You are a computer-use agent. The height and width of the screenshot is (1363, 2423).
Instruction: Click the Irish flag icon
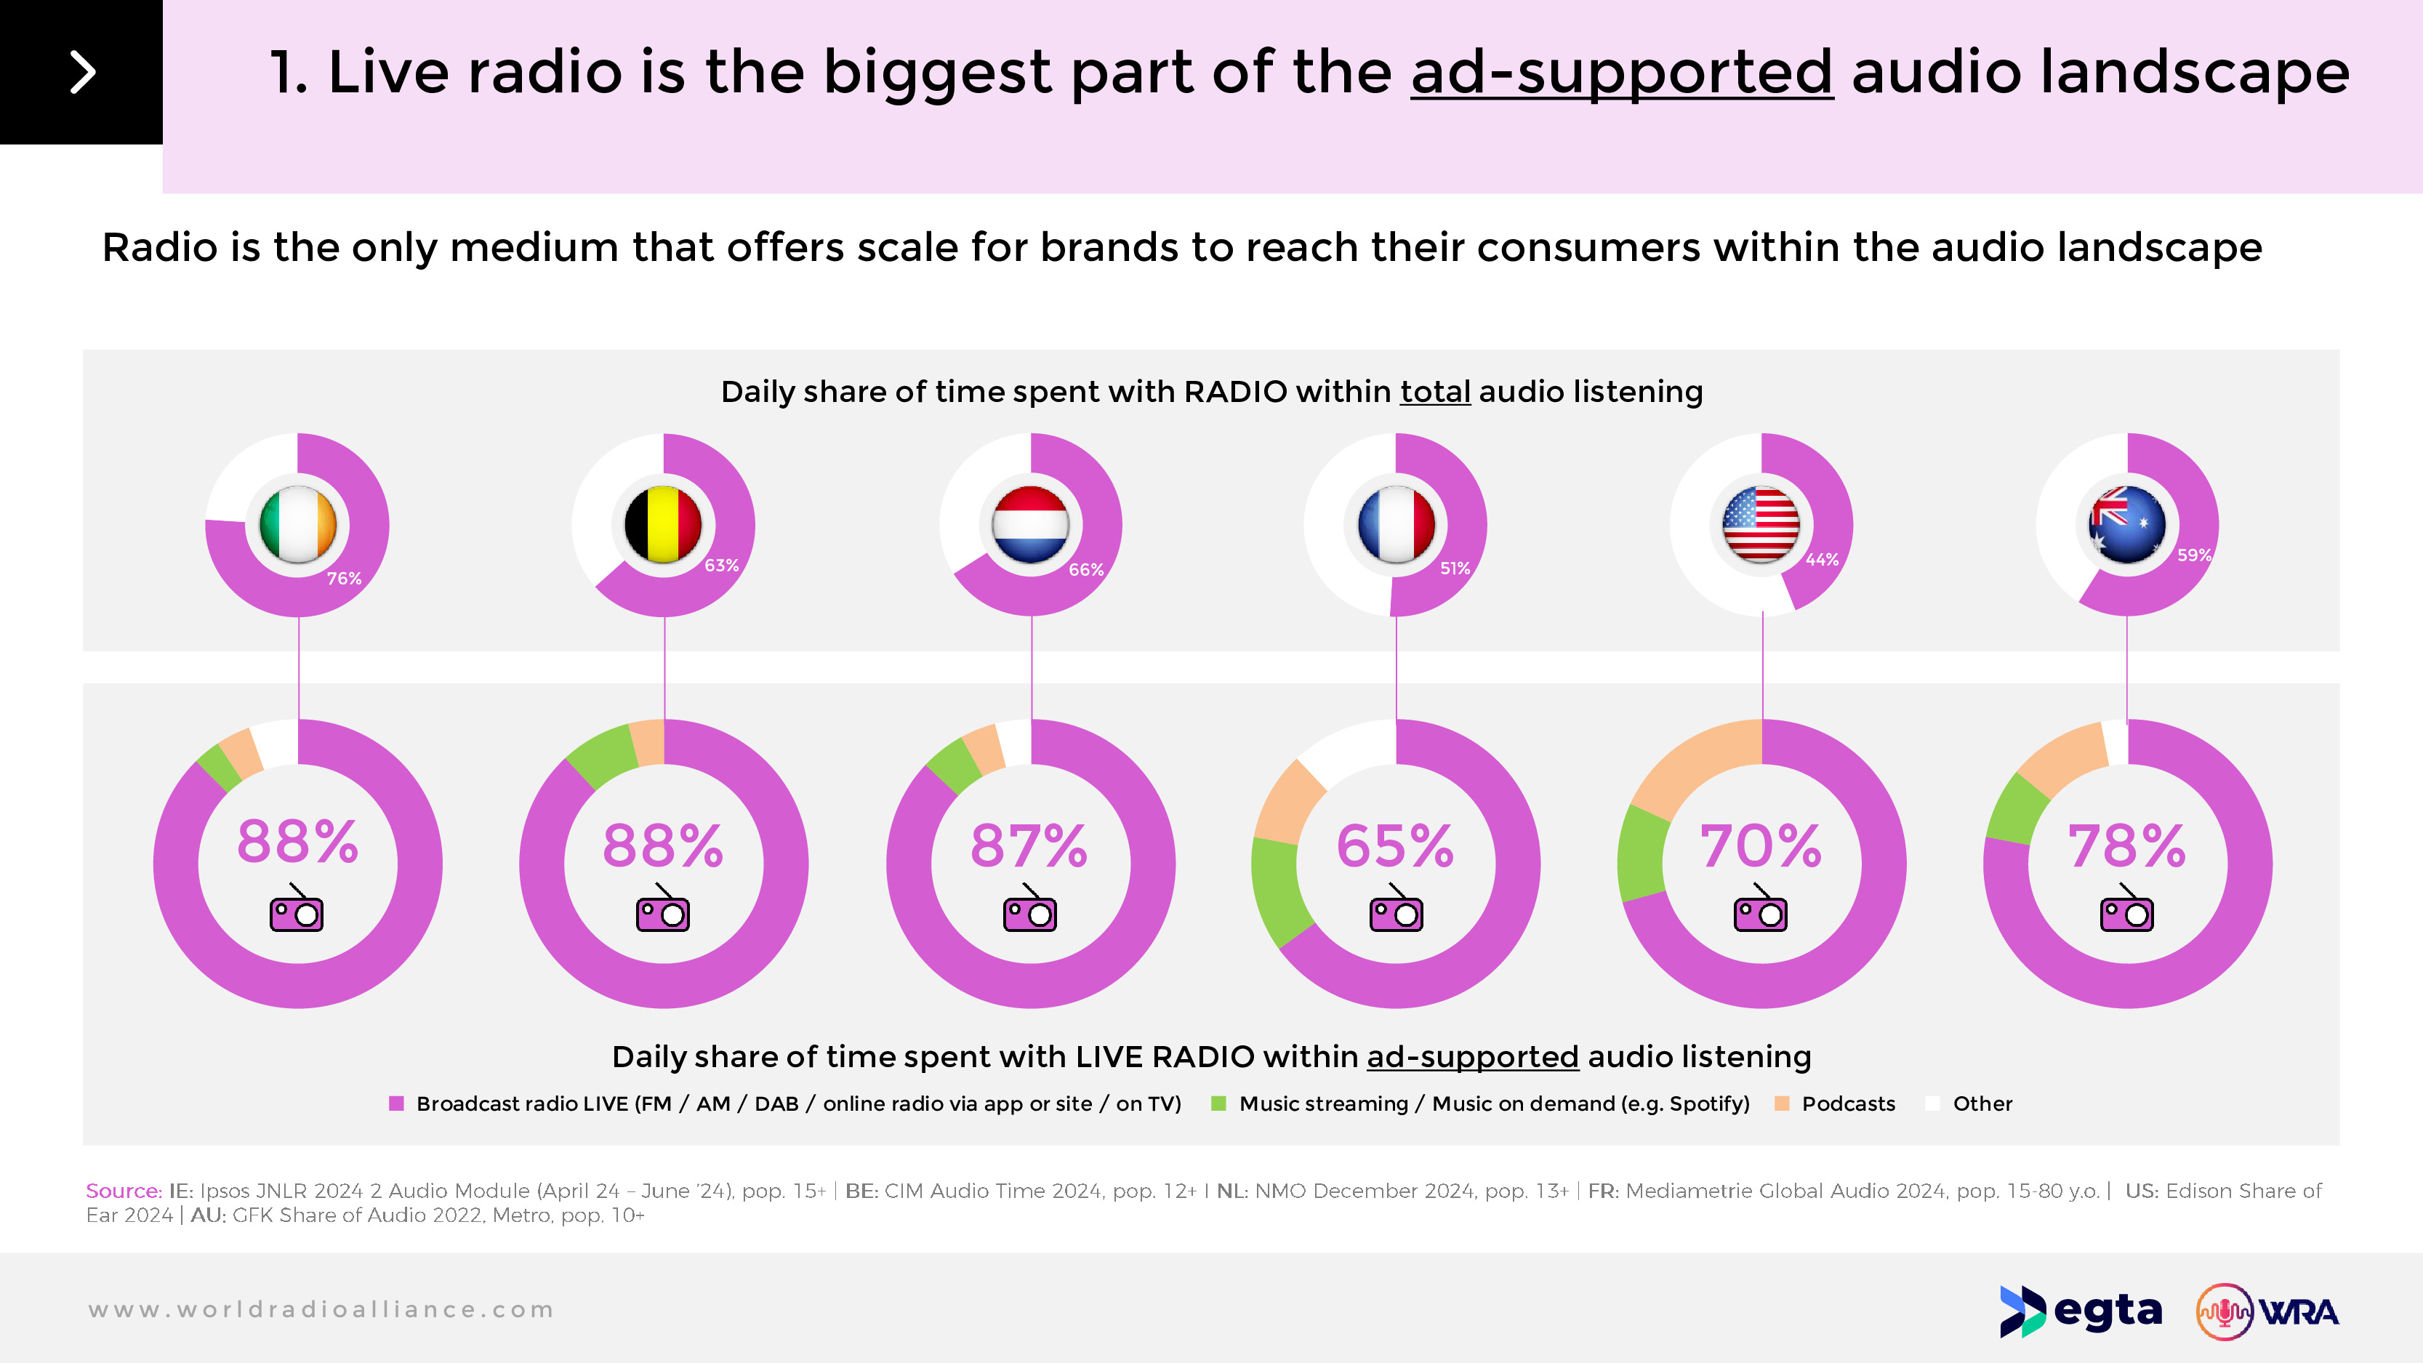(297, 524)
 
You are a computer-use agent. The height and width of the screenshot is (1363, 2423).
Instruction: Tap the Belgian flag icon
(663, 524)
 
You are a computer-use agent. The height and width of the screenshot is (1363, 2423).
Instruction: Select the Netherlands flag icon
(1030, 524)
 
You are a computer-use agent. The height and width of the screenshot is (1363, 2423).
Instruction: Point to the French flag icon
(1396, 524)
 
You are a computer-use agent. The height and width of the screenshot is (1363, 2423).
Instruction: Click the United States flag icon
(1761, 524)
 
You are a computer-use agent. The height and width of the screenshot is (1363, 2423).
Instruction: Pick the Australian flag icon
(2126, 524)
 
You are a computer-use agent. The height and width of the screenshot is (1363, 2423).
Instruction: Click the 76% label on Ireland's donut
(345, 579)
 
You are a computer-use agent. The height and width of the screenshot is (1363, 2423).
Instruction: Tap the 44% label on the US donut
(1822, 560)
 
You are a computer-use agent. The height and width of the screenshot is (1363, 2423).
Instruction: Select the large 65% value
(1395, 845)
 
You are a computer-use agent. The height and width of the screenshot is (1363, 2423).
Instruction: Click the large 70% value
(1761, 845)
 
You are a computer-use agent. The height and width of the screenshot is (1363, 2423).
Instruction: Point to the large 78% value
(2126, 845)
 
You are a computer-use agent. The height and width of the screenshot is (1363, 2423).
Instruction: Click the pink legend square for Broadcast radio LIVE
(396, 1103)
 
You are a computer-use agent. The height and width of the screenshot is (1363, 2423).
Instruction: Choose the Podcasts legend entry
(1847, 1103)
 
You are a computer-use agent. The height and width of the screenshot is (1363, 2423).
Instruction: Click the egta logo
(2081, 1311)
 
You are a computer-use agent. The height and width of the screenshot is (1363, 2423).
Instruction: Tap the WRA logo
(2267, 1311)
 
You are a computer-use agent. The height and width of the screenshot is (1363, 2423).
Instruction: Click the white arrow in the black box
(83, 73)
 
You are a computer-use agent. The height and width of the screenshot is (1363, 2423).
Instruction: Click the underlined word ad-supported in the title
(1622, 73)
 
